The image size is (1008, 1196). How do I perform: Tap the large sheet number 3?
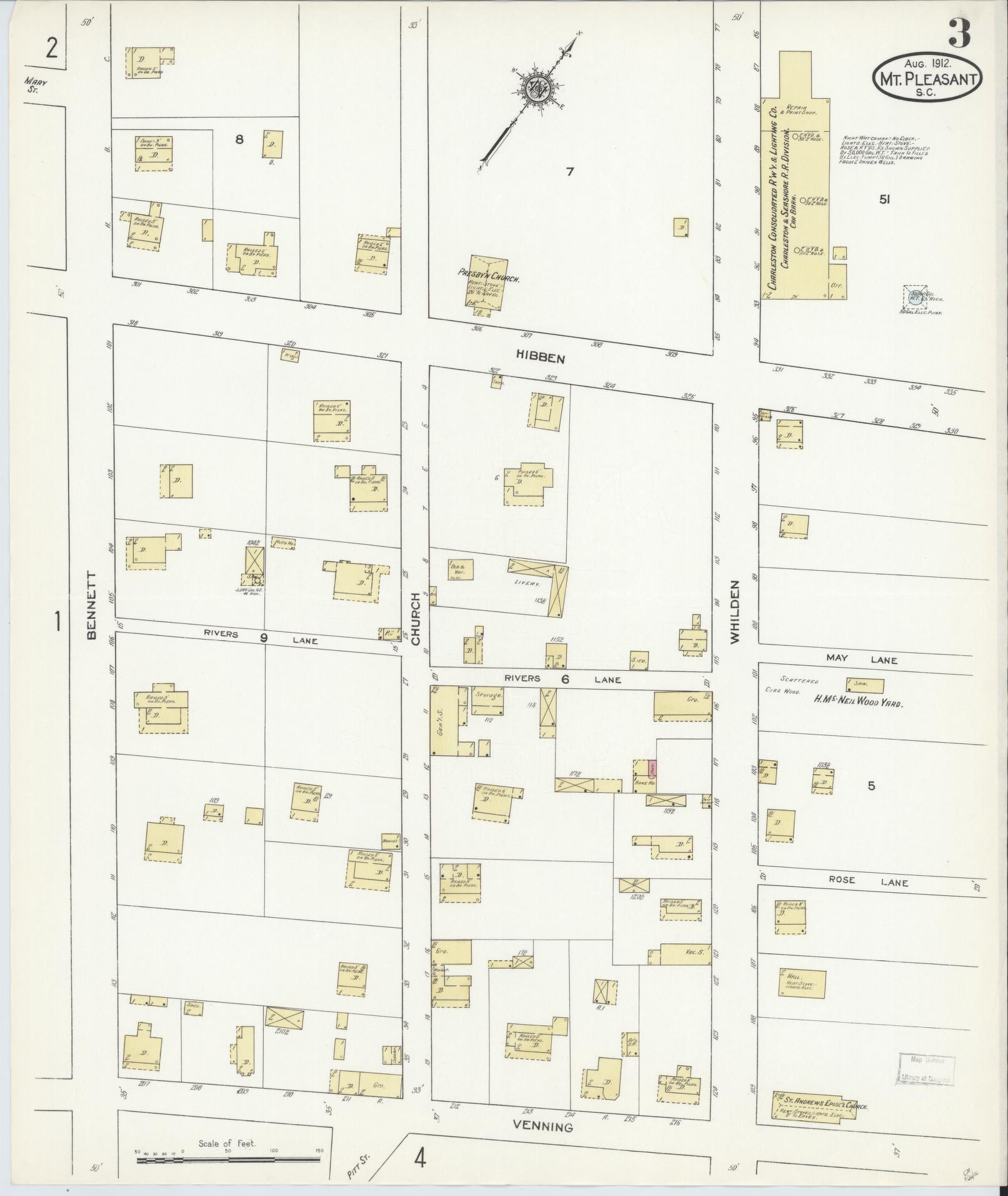(x=959, y=34)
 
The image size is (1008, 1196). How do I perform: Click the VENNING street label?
(x=542, y=1110)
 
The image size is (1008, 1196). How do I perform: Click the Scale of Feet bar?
(x=228, y=1160)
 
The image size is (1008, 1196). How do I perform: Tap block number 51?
(x=884, y=200)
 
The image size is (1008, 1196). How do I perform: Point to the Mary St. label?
(x=36, y=85)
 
